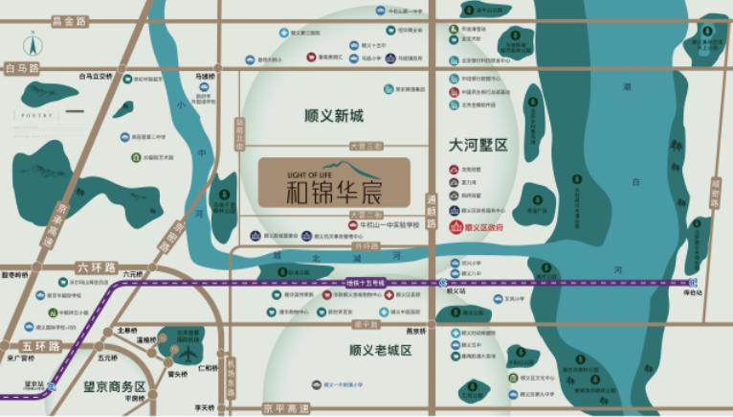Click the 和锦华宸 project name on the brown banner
[333, 190]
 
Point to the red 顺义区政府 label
[481, 228]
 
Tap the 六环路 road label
[94, 271]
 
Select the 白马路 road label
[23, 69]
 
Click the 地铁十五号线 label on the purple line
[366, 283]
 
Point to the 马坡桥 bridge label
[202, 75]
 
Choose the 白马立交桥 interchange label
[96, 76]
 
